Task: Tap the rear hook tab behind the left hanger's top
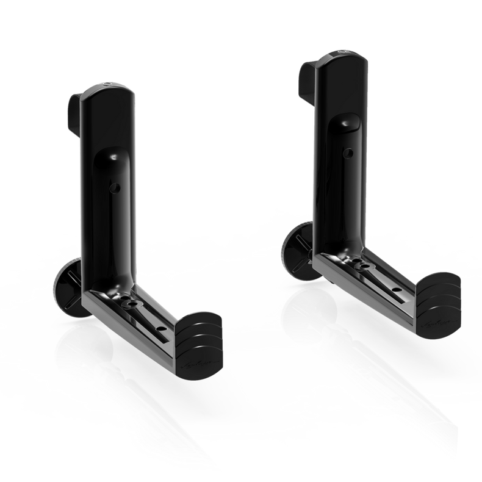[72, 103]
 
